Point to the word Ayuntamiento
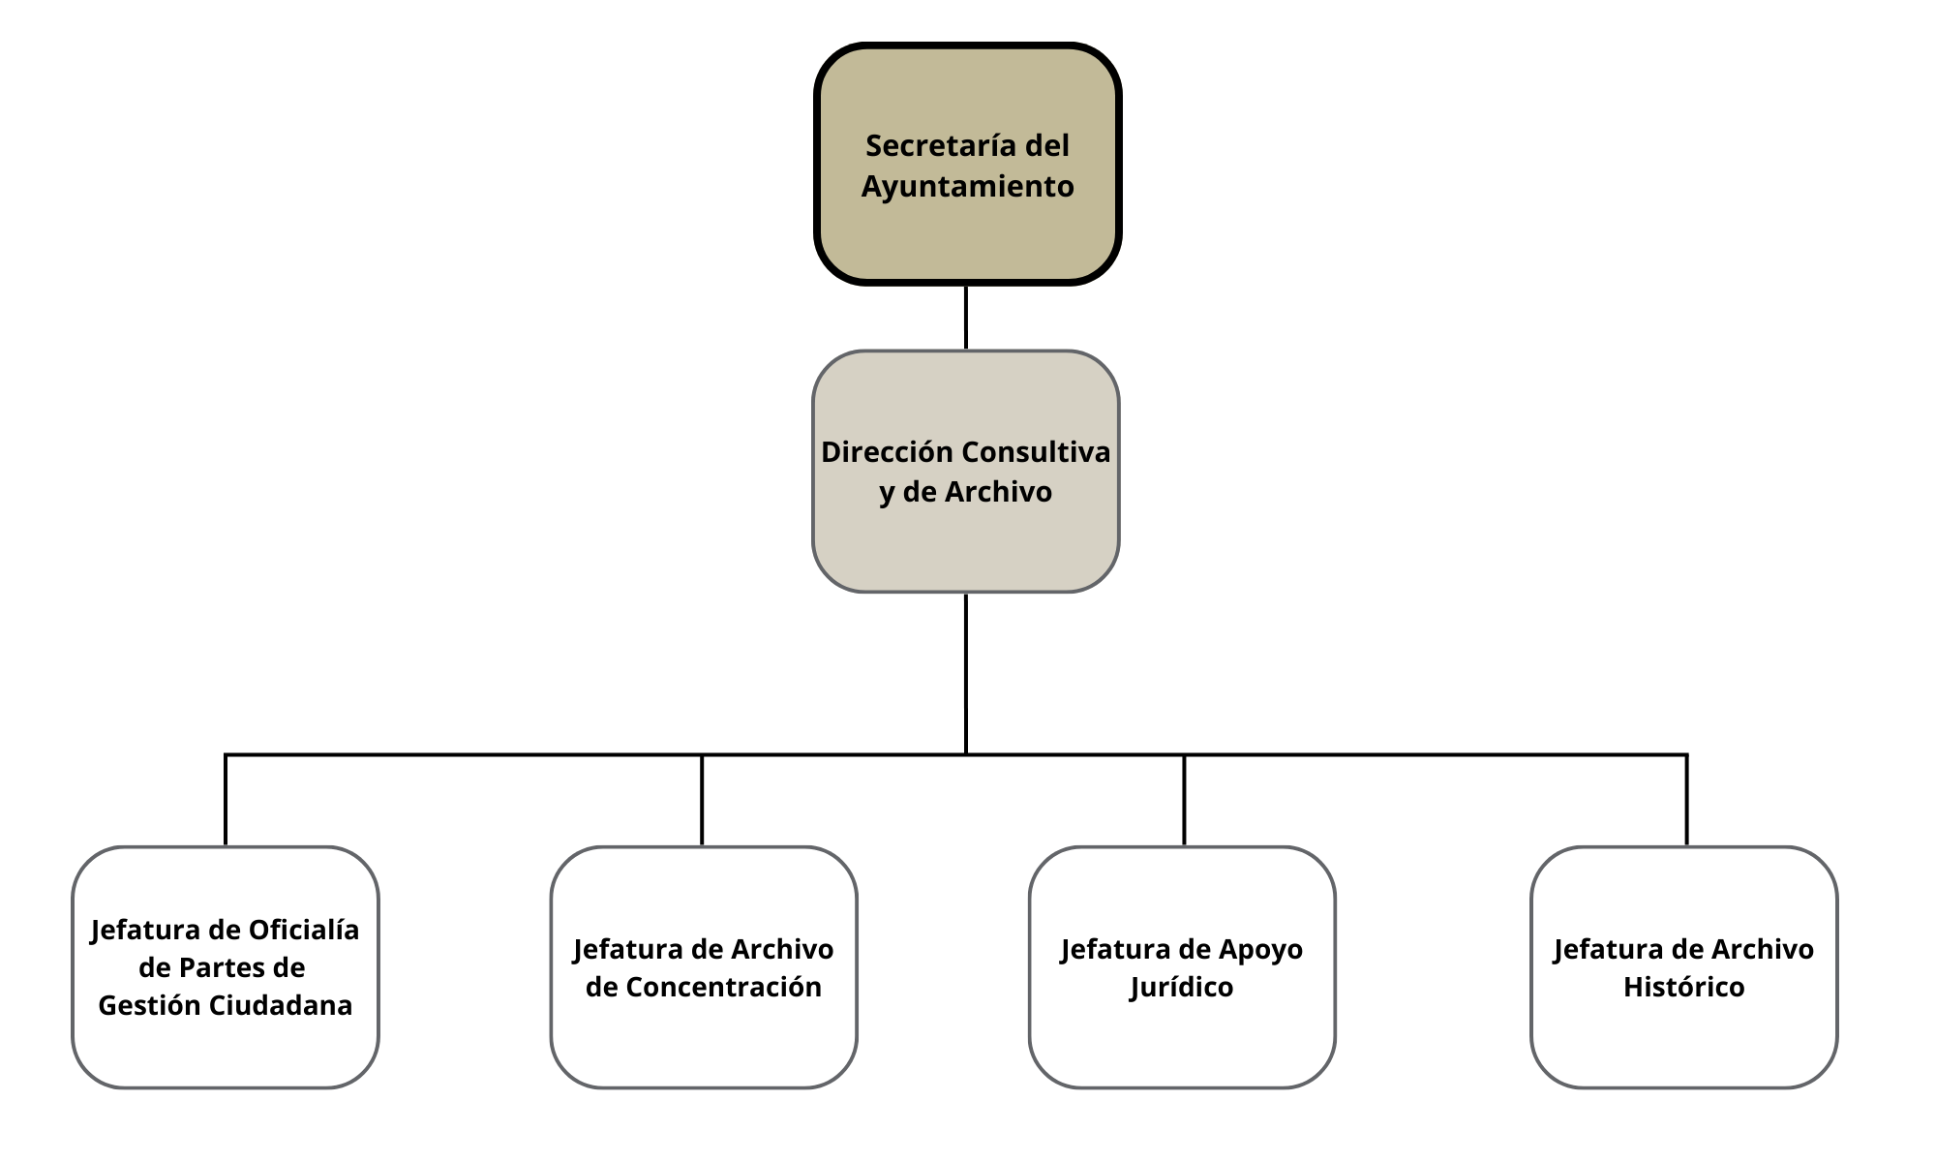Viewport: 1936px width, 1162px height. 967,186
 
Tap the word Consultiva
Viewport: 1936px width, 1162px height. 1036,452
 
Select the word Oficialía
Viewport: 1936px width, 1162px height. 304,930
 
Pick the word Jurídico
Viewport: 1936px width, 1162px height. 1181,987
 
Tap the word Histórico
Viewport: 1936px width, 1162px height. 1683,987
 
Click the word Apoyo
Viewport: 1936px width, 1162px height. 1260,949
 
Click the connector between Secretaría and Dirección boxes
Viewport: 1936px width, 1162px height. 965,318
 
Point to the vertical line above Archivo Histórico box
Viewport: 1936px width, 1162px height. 1686,800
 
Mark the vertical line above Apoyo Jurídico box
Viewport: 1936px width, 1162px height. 1184,800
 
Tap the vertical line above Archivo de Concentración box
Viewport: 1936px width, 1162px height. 702,800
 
